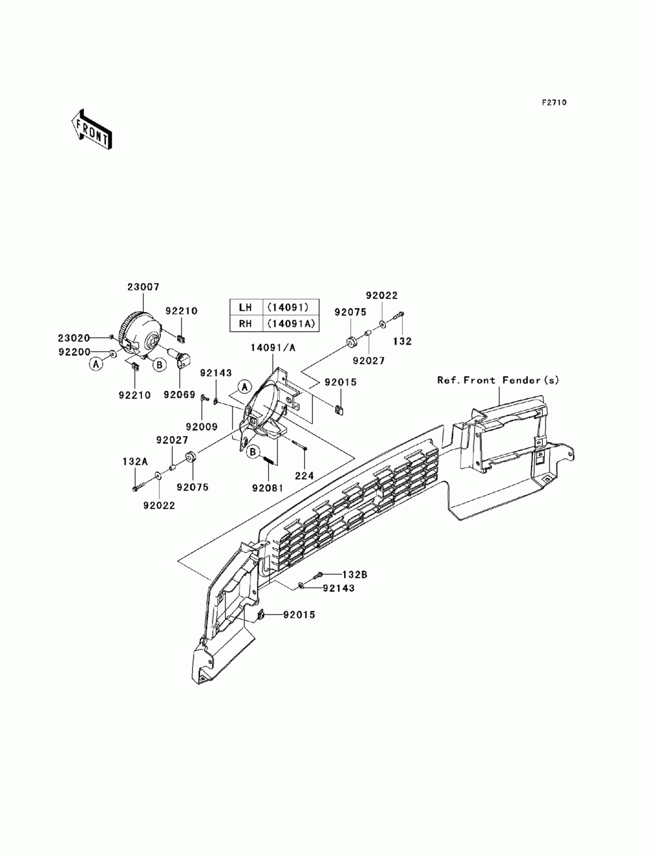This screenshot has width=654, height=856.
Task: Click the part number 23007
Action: tap(143, 286)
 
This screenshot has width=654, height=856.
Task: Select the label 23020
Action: tap(73, 338)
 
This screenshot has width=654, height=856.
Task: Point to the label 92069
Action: tap(180, 394)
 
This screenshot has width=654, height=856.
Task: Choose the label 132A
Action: tap(133, 461)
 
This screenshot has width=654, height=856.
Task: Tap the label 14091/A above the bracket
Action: tap(272, 348)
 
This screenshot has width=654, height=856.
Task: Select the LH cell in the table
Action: tap(245, 307)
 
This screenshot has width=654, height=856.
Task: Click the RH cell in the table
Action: tap(245, 322)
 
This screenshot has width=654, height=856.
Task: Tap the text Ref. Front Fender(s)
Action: tap(498, 379)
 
